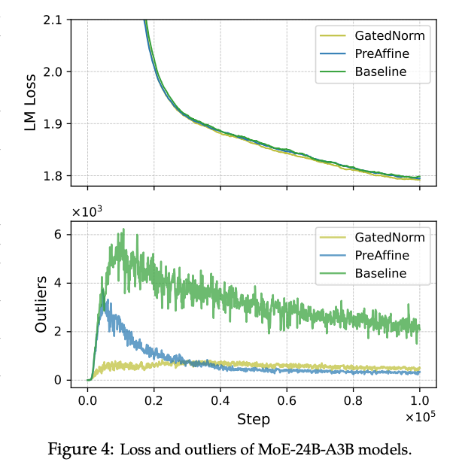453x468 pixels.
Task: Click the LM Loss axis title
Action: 30,98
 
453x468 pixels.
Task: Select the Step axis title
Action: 254,418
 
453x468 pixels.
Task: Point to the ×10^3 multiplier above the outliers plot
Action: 87,212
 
